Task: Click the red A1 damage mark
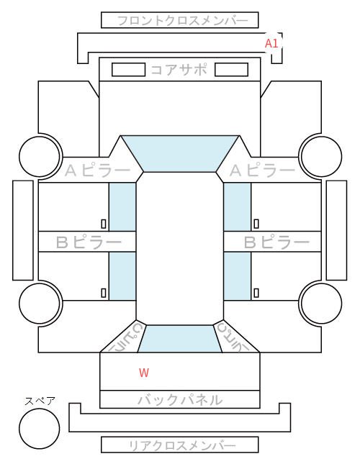point(271,43)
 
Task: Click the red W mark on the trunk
point(144,373)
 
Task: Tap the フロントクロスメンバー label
point(183,21)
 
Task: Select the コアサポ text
point(179,70)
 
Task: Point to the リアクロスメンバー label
point(182,445)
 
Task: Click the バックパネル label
point(180,400)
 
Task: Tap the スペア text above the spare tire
point(40,401)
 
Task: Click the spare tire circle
point(40,429)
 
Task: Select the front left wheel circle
point(40,156)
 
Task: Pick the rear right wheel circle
point(322,303)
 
